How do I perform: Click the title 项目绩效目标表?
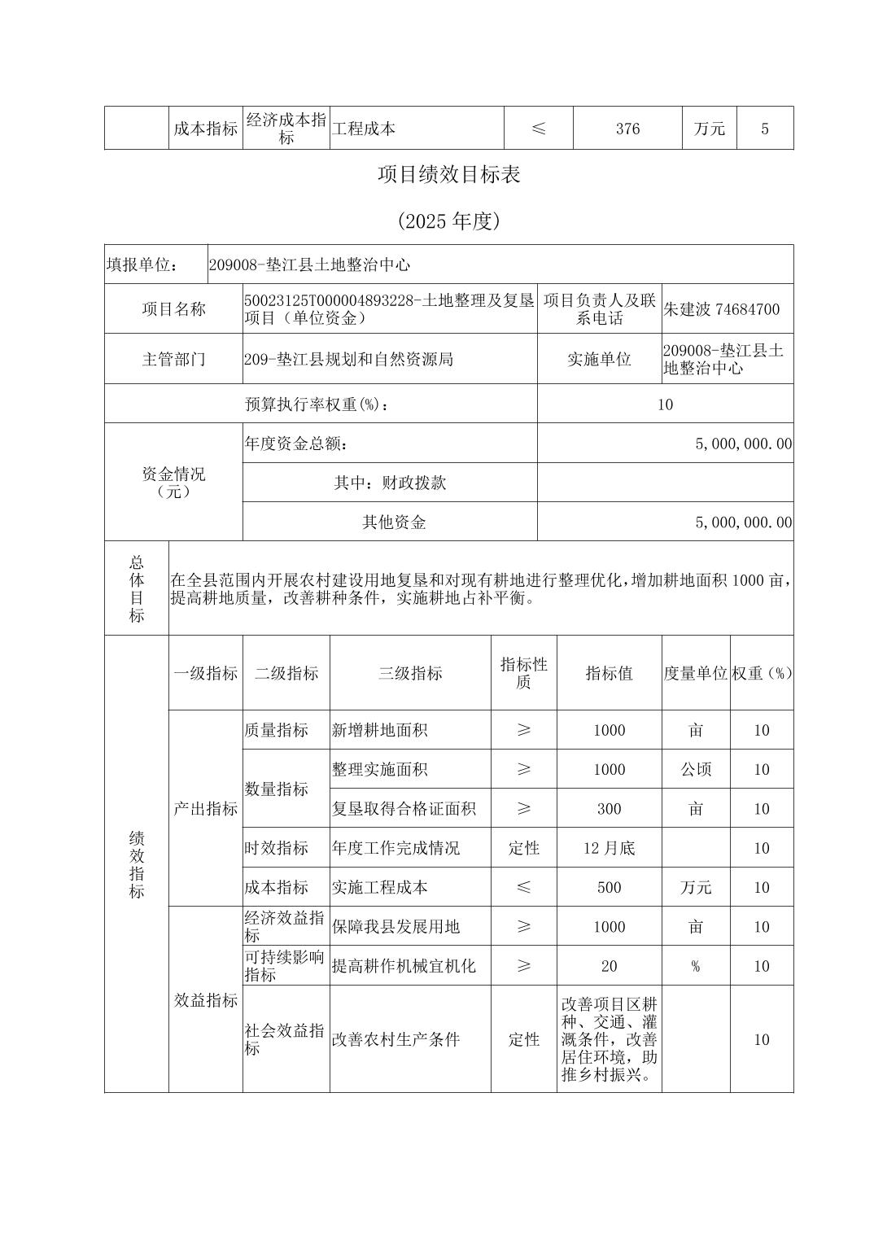coord(448,174)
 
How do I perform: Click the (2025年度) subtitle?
coord(448,221)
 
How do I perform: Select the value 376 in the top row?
coord(627,129)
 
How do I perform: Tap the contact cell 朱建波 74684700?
coord(722,309)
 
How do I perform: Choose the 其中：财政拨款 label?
coord(390,483)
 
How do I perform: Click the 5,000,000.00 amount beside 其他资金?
coord(743,522)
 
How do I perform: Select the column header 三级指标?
coord(410,673)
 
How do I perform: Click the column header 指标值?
coord(609,673)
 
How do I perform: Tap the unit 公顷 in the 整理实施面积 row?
coord(696,769)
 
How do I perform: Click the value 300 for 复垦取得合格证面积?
coord(609,809)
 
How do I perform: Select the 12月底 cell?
coord(609,848)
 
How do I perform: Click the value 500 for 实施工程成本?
coord(609,887)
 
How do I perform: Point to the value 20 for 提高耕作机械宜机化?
coord(609,966)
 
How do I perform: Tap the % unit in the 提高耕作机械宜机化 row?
coord(696,966)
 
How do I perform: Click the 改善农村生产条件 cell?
coord(395,1039)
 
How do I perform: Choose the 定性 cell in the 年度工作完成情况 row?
coord(524,848)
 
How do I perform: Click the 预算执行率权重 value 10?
coord(665,404)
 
